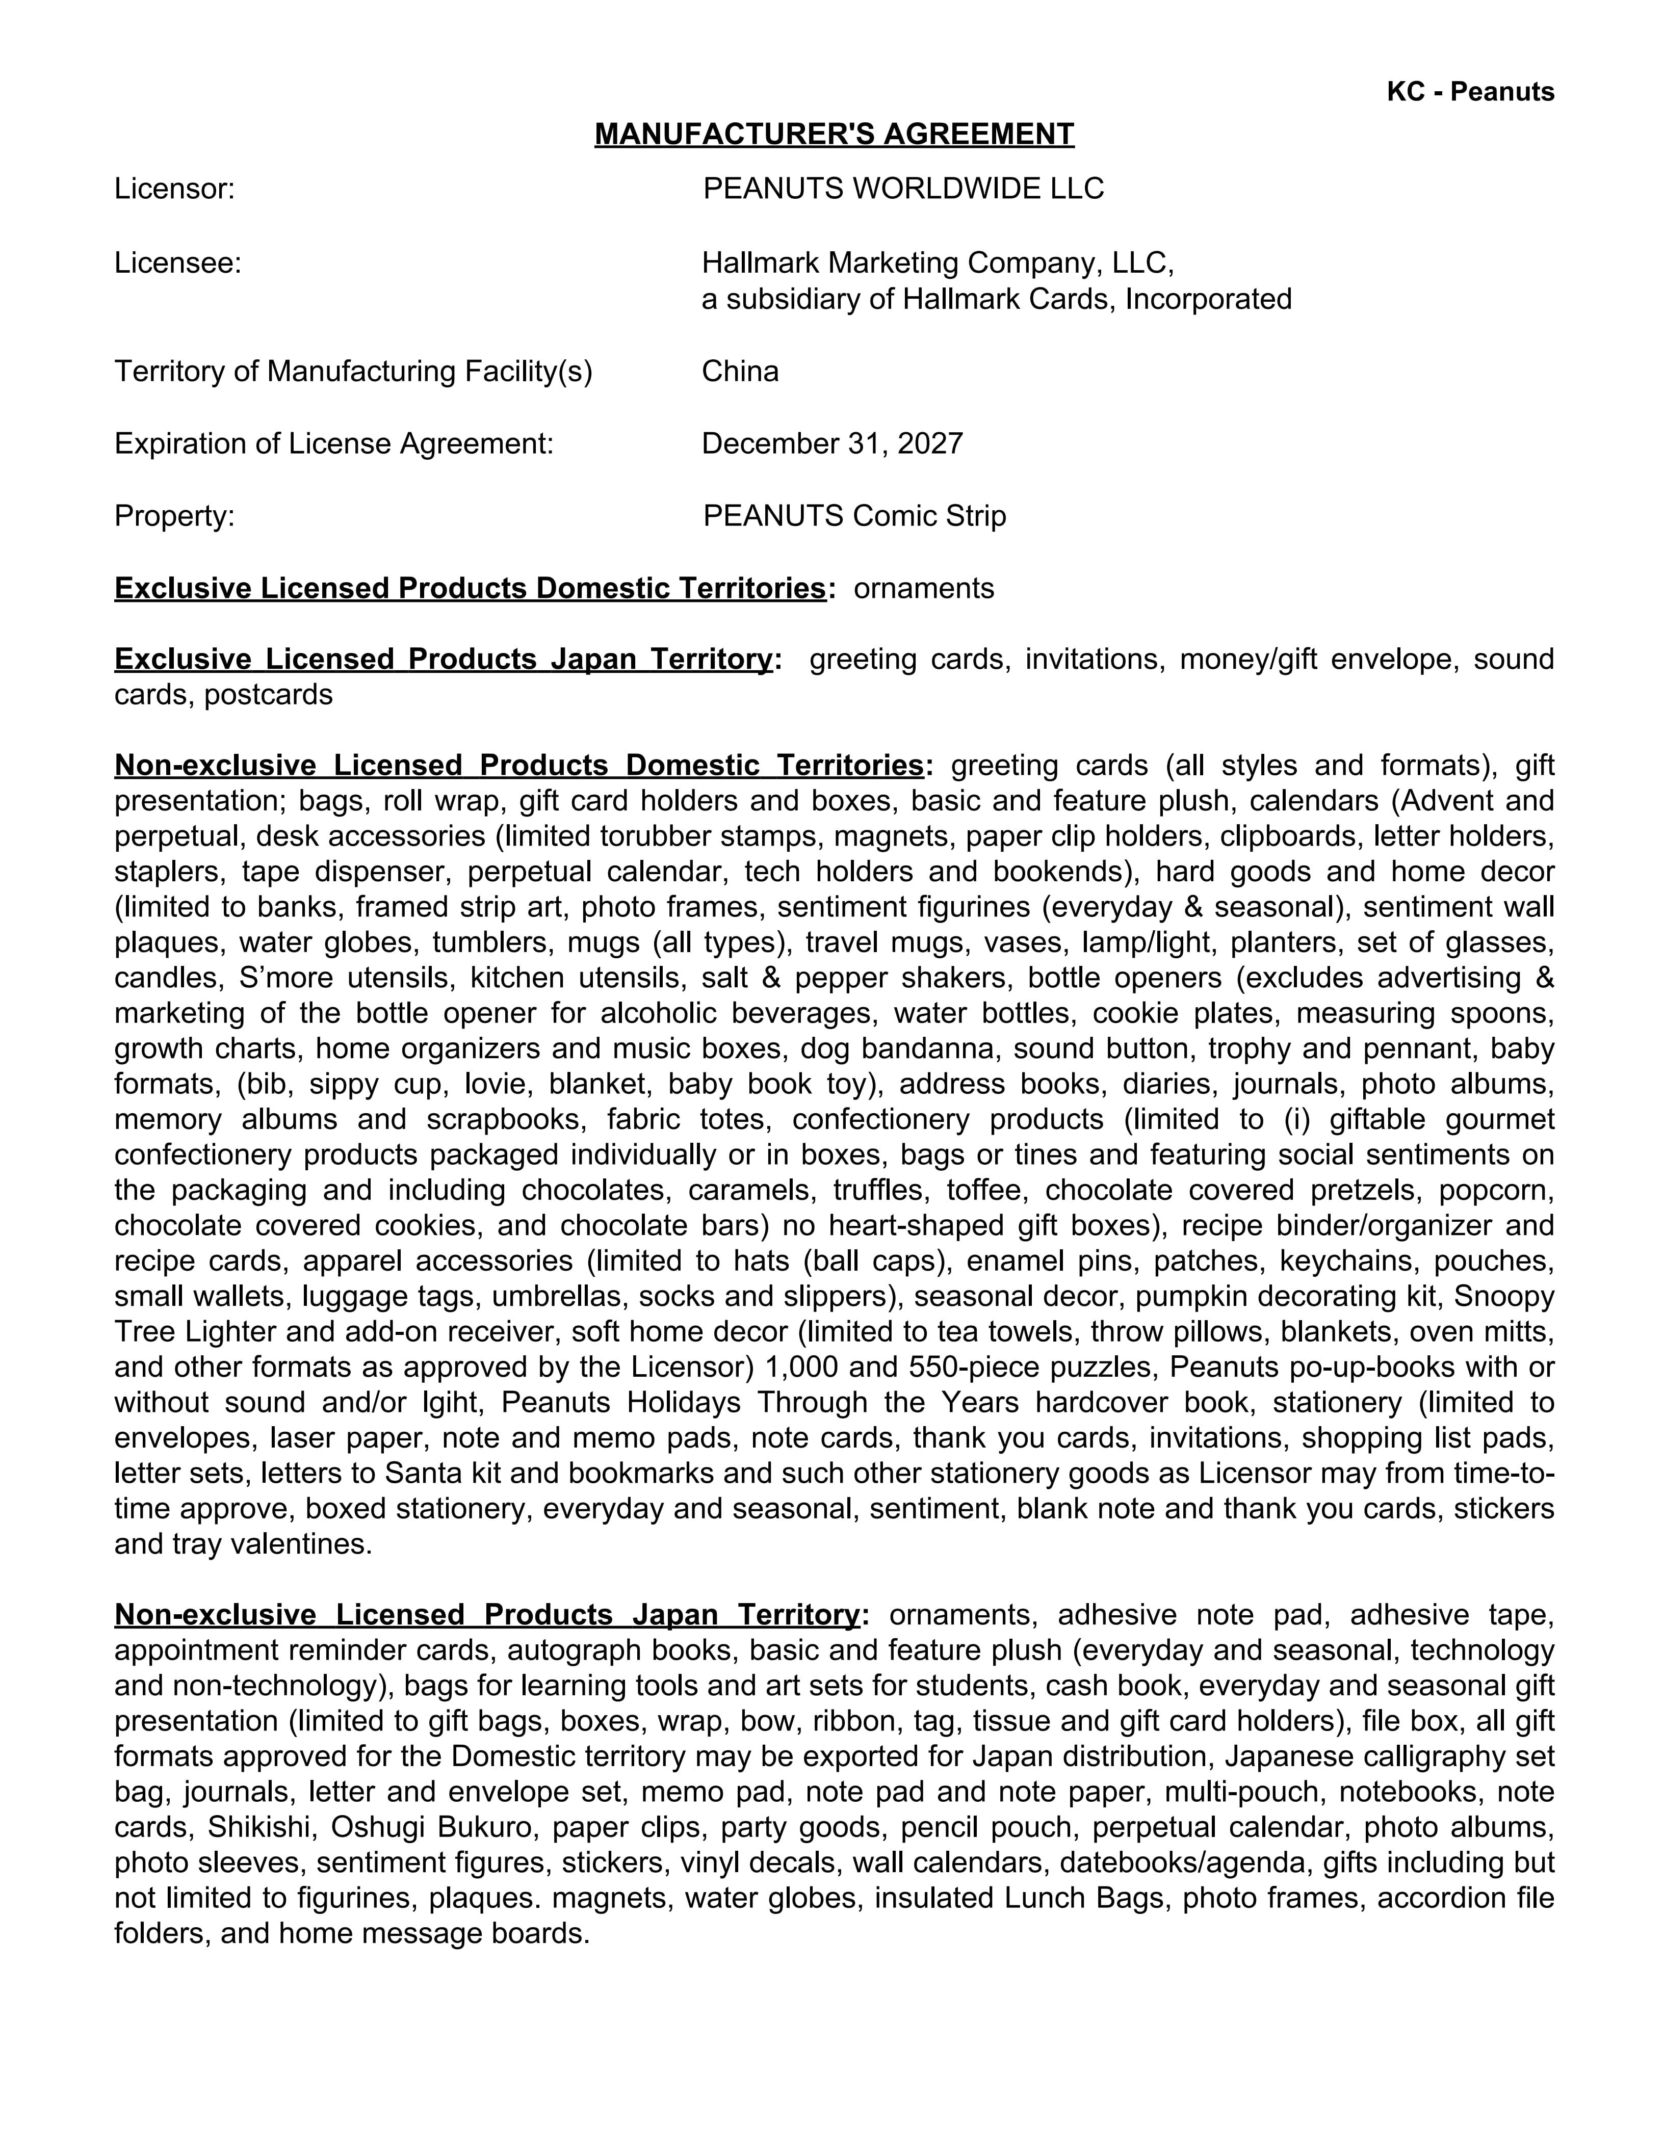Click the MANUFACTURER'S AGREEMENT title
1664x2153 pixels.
(834, 134)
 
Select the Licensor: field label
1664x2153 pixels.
(174, 188)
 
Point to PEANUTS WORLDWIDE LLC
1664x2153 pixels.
(903, 188)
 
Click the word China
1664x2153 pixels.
(739, 372)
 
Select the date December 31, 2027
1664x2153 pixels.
(832, 443)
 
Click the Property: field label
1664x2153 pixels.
(174, 516)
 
